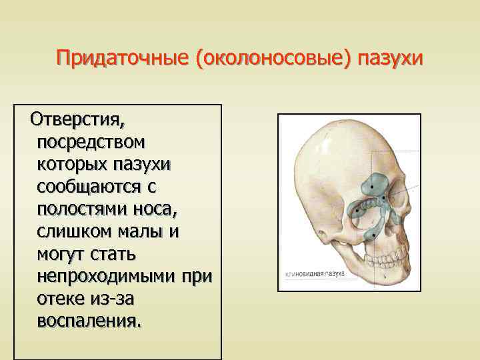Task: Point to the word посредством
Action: pyautogui.click(x=93, y=143)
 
